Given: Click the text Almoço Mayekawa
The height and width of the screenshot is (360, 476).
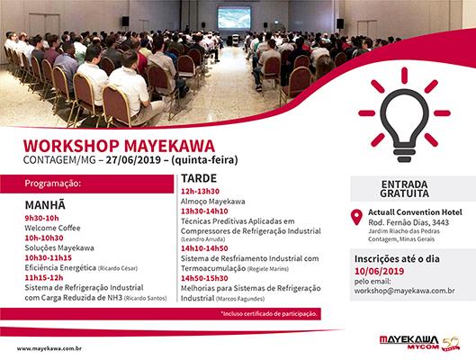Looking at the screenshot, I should tap(214, 202).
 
